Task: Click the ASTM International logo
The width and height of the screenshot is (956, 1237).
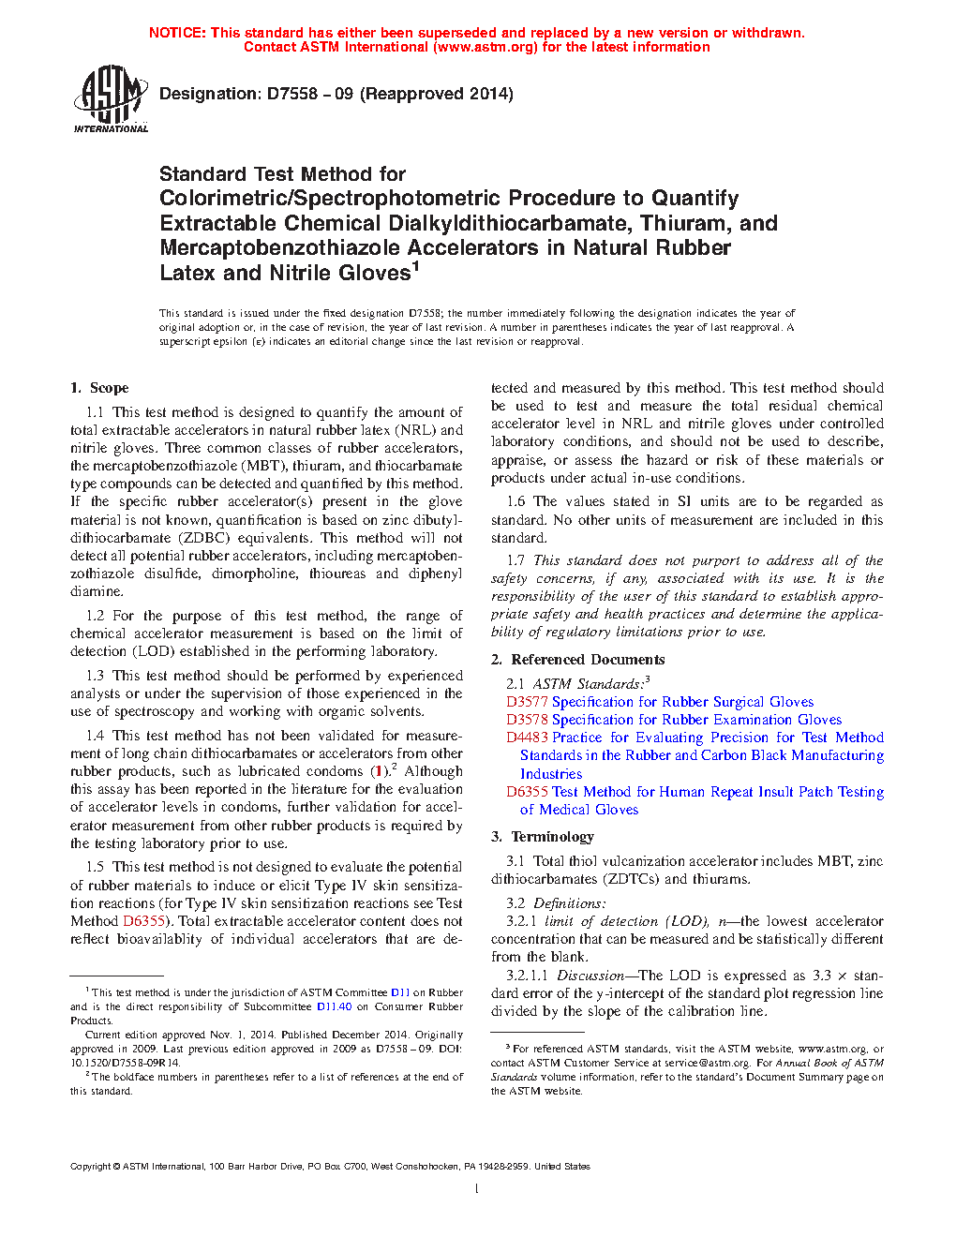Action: tap(111, 98)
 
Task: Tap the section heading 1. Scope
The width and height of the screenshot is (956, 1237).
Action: tap(99, 388)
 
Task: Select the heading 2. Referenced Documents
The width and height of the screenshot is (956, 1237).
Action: tap(577, 660)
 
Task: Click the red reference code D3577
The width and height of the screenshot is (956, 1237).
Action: tap(527, 702)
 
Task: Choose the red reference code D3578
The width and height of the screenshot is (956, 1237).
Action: tap(527, 720)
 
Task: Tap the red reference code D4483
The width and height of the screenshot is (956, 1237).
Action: tap(527, 738)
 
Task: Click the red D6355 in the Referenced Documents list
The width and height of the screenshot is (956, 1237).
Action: tap(527, 792)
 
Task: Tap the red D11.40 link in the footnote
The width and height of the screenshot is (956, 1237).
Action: tap(334, 1006)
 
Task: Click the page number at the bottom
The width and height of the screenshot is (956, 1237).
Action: tap(477, 1189)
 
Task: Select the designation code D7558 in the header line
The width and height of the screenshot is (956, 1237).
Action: tap(292, 94)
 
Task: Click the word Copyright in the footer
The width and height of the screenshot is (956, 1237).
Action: tap(90, 1167)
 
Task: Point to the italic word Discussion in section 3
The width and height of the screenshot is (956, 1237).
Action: tap(590, 976)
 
